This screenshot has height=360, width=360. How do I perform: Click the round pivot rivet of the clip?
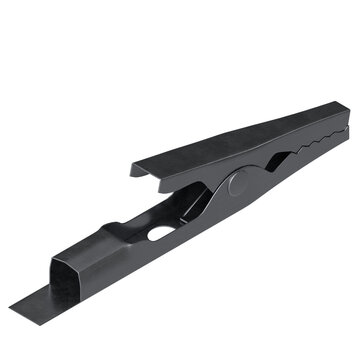tap(237, 184)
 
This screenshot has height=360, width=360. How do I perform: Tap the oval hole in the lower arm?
tap(160, 232)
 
